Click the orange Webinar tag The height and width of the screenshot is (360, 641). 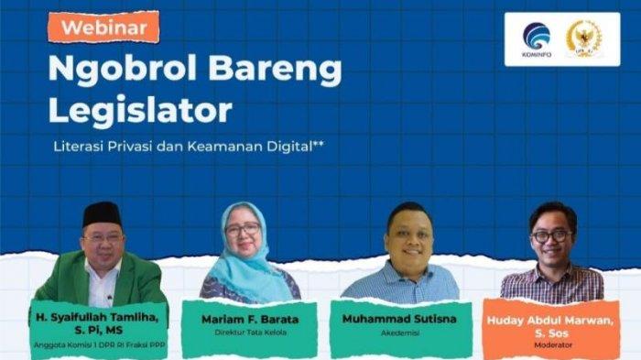click(x=103, y=27)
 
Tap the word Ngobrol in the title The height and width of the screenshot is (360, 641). click(x=123, y=69)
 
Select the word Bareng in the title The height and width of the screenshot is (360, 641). click(x=275, y=71)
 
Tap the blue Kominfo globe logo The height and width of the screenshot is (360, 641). click(x=537, y=36)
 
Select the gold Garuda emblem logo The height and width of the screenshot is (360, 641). click(x=584, y=38)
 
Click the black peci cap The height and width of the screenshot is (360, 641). click(x=103, y=213)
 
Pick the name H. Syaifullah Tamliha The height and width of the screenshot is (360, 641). click(x=97, y=317)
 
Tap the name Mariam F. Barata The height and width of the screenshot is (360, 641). click(x=250, y=319)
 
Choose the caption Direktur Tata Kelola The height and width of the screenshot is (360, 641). click(x=250, y=333)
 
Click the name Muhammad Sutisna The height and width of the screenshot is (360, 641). click(x=399, y=319)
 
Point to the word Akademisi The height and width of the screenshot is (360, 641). click(x=400, y=333)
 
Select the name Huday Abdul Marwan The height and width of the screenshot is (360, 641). click(x=549, y=321)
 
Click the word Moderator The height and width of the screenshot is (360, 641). click(x=553, y=344)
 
